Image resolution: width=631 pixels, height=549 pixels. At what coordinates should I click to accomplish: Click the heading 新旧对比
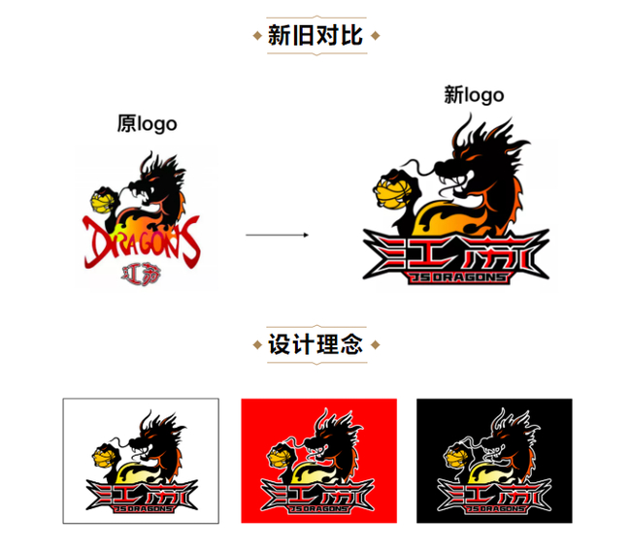315,36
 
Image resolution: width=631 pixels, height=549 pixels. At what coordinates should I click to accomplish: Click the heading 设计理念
315,345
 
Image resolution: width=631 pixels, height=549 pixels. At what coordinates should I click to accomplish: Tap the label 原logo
147,123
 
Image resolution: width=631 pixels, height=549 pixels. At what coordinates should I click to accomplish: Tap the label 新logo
474,94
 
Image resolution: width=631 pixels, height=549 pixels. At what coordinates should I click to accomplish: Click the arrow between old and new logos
278,234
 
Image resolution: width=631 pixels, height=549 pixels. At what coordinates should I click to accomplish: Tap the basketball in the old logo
101,202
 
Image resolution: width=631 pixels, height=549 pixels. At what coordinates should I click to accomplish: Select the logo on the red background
318,462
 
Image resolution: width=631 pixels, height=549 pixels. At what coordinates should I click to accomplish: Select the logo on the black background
494,462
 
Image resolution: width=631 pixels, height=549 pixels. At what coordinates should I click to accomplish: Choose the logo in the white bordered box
141,462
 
